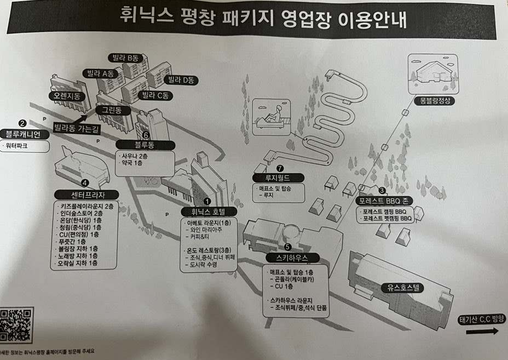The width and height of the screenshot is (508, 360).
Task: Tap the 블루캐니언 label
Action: (x=23, y=134)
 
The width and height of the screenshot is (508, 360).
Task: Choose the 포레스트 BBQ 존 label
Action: (x=382, y=201)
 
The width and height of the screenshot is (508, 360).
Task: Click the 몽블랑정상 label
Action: (x=434, y=101)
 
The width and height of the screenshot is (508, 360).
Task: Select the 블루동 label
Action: (x=146, y=145)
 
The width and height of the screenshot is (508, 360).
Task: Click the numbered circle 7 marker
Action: (x=280, y=168)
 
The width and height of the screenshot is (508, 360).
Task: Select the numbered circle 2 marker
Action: (x=22, y=124)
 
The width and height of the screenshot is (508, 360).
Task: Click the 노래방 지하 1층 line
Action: (x=78, y=255)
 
